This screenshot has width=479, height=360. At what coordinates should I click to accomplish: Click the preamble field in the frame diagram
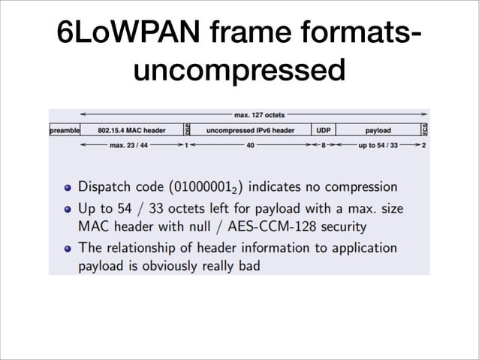pyautogui.click(x=65, y=131)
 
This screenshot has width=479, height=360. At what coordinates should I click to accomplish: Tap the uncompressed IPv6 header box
pyautogui.click(x=250, y=131)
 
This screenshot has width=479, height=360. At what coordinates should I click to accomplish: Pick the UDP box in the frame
pyautogui.click(x=324, y=131)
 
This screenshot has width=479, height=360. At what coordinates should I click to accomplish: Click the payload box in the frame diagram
pyautogui.click(x=378, y=131)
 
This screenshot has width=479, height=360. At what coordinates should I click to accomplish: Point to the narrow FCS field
pyautogui.click(x=424, y=130)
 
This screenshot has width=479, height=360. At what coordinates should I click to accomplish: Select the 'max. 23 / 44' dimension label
pyautogui.click(x=128, y=145)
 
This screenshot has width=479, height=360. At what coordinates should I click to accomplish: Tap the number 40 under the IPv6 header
pyautogui.click(x=250, y=145)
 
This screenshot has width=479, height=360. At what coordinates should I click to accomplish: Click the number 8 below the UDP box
pyautogui.click(x=324, y=145)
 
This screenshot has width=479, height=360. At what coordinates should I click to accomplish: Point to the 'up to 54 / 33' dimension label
pyautogui.click(x=378, y=145)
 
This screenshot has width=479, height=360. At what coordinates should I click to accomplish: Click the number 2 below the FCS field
pyautogui.click(x=424, y=145)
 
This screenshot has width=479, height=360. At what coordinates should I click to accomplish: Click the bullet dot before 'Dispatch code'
pyautogui.click(x=68, y=187)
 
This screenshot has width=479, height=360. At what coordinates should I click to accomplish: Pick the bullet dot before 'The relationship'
pyautogui.click(x=68, y=248)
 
